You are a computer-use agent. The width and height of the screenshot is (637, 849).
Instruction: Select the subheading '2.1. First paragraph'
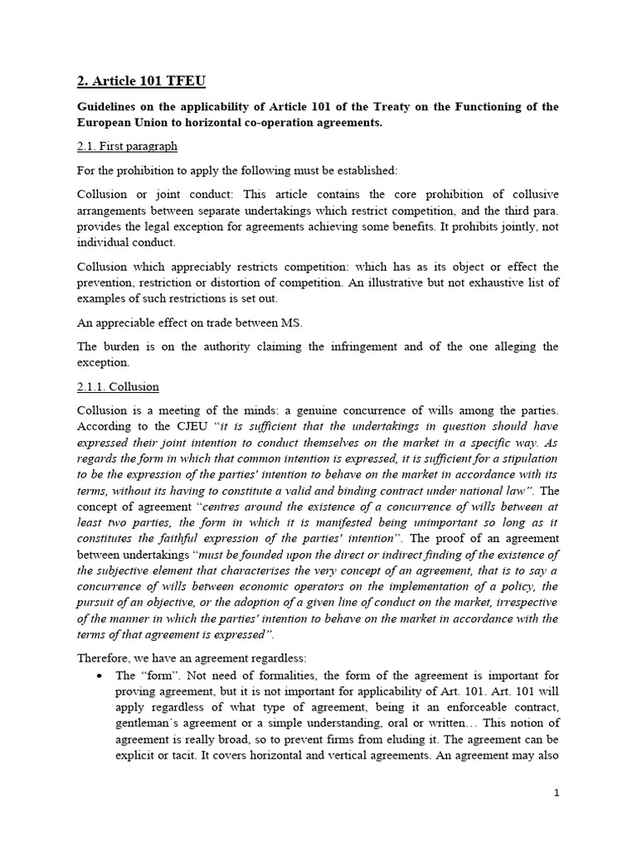pos(127,146)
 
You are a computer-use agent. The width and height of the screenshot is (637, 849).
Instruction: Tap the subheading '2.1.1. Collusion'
pos(118,386)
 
